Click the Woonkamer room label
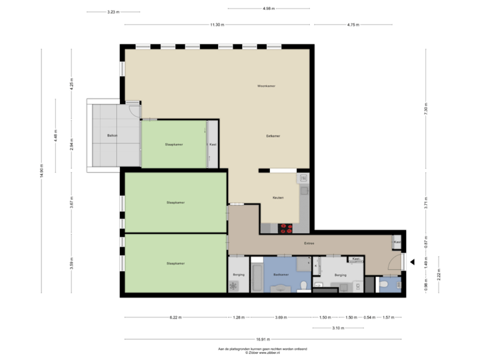point(267,87)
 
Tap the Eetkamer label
point(273,136)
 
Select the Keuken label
point(278,198)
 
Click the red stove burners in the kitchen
point(287,228)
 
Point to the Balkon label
point(112,136)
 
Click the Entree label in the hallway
point(309,243)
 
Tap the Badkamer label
point(281,274)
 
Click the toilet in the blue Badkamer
point(303,286)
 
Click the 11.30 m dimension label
point(217,25)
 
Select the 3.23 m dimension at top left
point(113,12)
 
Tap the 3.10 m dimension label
point(338,327)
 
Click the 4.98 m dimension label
point(269,9)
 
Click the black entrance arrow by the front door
point(411,263)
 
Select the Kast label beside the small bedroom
point(213,144)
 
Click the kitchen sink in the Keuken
point(303,179)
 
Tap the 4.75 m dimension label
point(353,25)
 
